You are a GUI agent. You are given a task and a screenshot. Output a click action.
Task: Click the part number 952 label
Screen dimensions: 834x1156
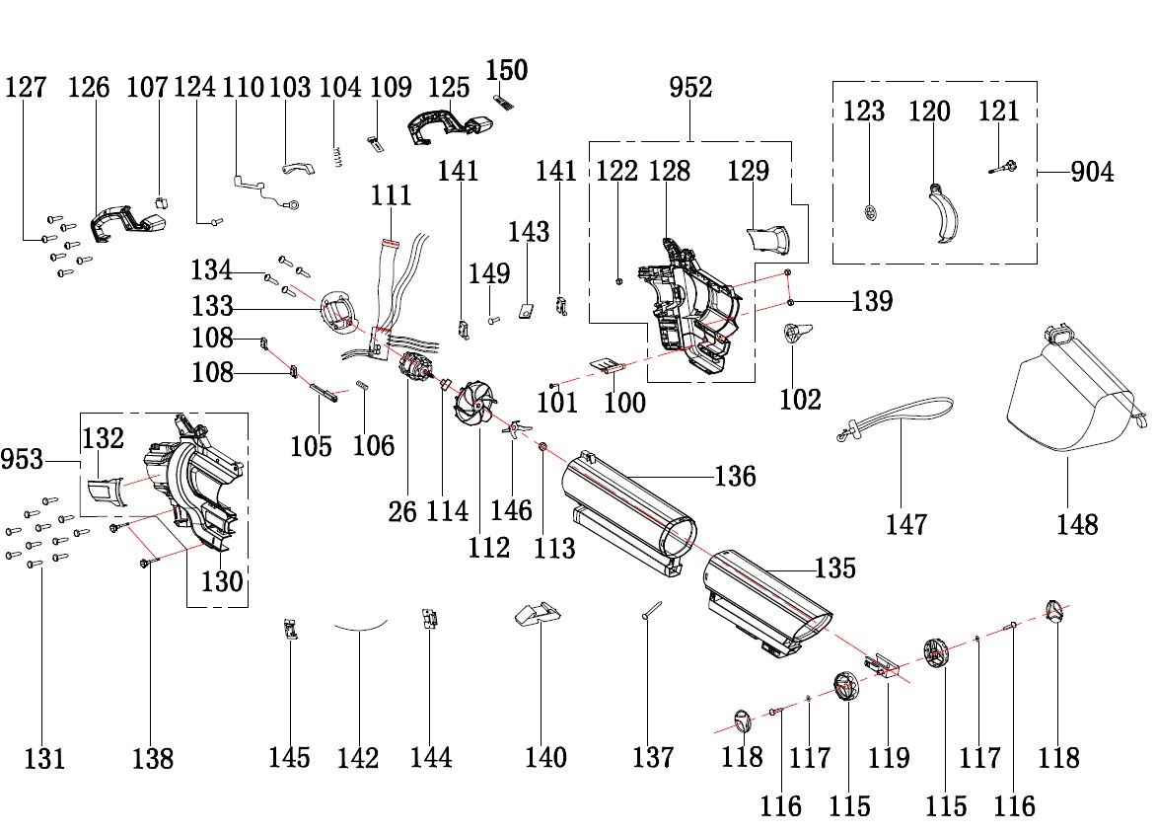point(690,88)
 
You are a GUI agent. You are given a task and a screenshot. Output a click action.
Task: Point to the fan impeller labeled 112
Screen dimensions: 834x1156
point(476,405)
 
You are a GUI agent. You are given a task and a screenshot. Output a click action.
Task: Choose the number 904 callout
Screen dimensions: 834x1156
point(1091,173)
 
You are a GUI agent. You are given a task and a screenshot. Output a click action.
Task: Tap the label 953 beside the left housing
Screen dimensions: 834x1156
point(24,460)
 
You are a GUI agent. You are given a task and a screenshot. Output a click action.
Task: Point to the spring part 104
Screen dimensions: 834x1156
point(336,156)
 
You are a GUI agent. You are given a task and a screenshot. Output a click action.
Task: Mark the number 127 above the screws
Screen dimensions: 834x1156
point(26,88)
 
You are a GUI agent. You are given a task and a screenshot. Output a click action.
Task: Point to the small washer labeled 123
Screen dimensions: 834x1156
point(868,213)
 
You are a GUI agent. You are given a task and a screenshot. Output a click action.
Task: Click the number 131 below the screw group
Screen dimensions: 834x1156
point(44,759)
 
